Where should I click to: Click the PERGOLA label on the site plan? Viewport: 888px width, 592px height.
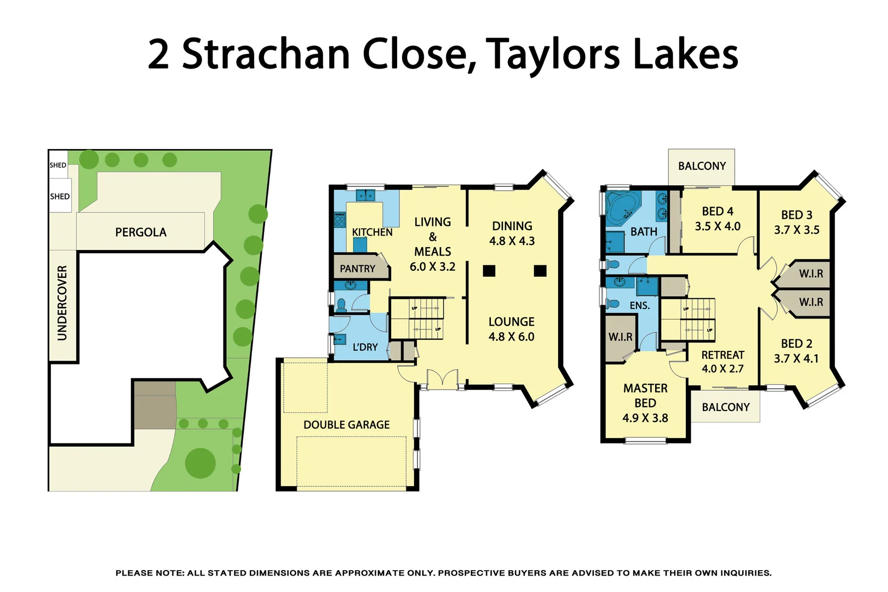click(141, 232)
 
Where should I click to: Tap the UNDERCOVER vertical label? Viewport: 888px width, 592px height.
click(62, 303)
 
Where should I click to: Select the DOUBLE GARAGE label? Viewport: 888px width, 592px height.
click(346, 425)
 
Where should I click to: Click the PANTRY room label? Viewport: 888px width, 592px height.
click(357, 269)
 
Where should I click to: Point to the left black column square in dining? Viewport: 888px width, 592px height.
click(489, 271)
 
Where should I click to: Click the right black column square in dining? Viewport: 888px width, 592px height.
click(540, 271)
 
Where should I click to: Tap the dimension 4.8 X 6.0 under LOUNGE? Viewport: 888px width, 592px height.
click(511, 337)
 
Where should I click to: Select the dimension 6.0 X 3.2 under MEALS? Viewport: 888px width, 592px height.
click(432, 267)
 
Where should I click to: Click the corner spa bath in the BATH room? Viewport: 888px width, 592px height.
click(623, 208)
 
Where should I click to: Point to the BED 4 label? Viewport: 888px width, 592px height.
click(717, 212)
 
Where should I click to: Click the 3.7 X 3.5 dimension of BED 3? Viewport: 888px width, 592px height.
click(797, 230)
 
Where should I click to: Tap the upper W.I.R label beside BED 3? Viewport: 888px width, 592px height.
click(811, 274)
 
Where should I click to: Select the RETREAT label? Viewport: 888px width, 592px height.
click(723, 355)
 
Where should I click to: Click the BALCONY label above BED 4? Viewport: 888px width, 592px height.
click(702, 166)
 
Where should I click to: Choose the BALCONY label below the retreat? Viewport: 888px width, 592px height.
click(725, 407)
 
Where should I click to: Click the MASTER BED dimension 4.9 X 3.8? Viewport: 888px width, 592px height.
click(645, 418)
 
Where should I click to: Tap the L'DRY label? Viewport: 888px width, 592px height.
click(365, 347)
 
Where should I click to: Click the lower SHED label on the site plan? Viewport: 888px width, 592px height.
click(60, 196)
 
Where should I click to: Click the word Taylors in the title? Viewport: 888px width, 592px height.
click(553, 55)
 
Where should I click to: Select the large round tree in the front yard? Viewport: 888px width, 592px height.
click(200, 463)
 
